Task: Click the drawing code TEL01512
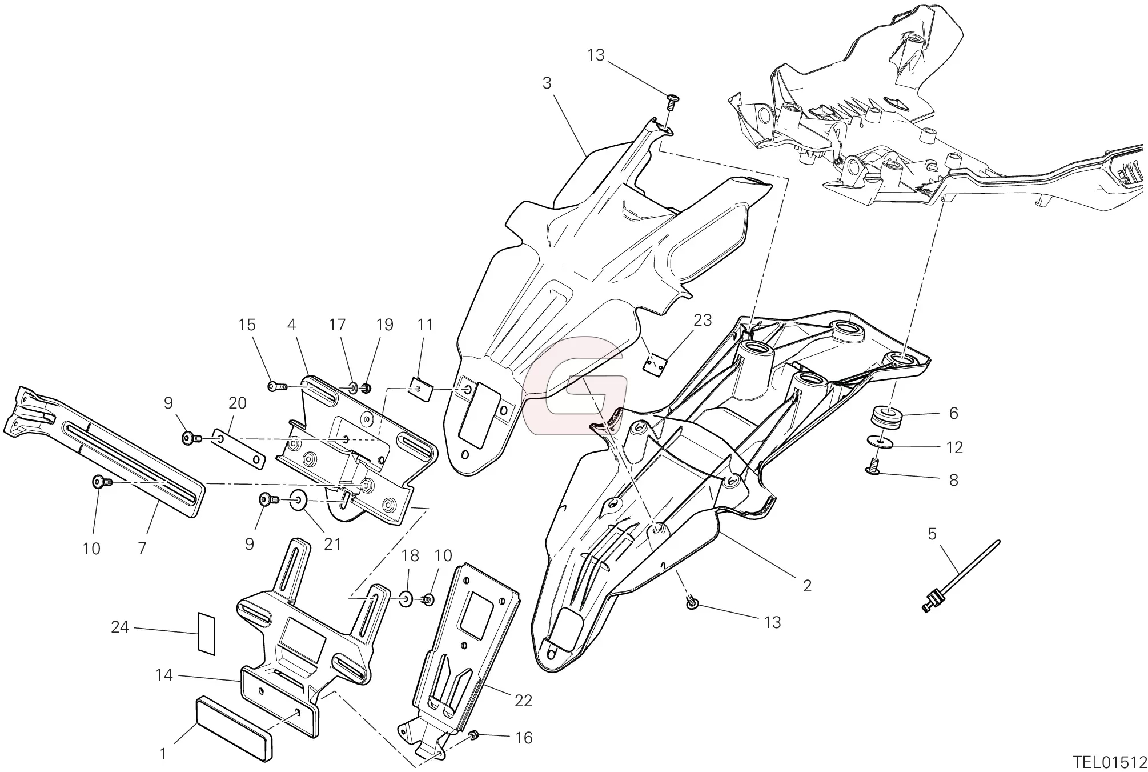point(1109,762)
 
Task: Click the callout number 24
point(120,627)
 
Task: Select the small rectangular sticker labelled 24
point(206,633)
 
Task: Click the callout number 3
point(547,83)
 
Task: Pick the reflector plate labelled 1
point(234,727)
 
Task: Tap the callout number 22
point(523,700)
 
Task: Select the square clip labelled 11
point(422,389)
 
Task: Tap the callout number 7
point(142,548)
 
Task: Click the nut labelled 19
point(367,389)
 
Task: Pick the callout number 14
point(163,675)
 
